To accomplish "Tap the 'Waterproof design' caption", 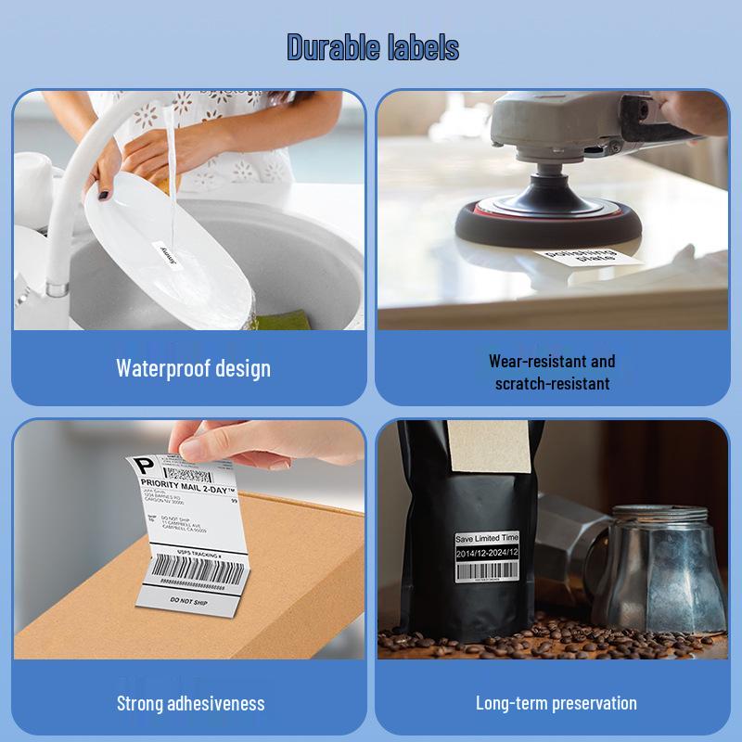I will click(x=193, y=367).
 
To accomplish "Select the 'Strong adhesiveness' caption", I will click(x=190, y=703).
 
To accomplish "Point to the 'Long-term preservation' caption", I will click(x=556, y=703).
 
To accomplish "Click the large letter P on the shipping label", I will click(x=144, y=465).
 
